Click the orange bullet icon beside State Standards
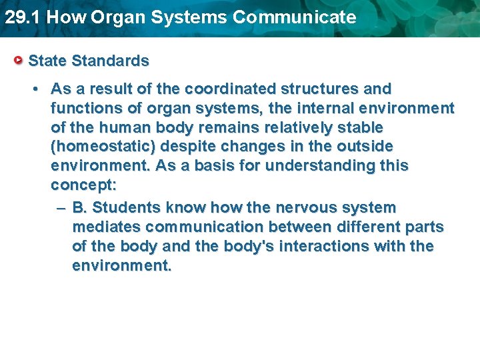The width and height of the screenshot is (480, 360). (x=20, y=61)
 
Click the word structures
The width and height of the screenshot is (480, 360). (x=321, y=89)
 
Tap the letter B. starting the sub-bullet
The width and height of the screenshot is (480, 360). (x=79, y=208)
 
